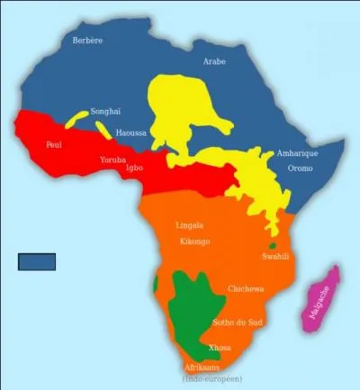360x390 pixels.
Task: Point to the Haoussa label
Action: [130, 132]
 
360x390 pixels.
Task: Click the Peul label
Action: [54, 144]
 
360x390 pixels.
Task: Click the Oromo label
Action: [300, 168]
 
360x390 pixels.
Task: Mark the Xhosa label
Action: [220, 348]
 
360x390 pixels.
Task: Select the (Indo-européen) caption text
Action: [212, 378]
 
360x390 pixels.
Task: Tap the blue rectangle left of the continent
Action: [37, 261]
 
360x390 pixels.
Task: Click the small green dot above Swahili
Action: [272, 246]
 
